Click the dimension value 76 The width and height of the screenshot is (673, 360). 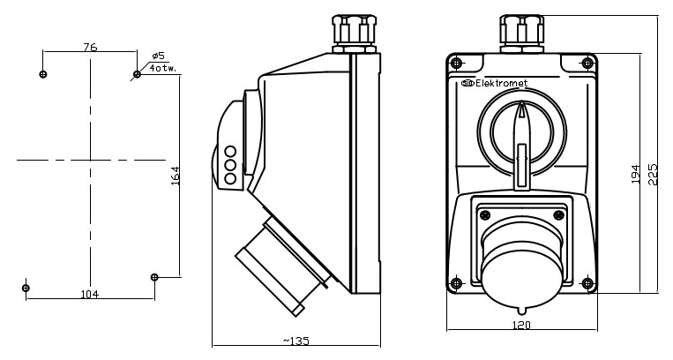(x=89, y=48)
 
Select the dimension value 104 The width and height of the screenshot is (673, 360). (x=89, y=294)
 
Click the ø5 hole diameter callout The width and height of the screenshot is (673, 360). (x=158, y=56)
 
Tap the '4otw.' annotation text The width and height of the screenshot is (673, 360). (x=161, y=68)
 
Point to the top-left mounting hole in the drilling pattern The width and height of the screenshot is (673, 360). (x=43, y=74)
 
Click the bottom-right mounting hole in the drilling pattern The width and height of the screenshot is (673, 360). (x=154, y=277)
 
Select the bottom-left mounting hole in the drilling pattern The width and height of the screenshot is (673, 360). (x=26, y=288)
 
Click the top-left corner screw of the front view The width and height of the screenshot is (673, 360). (x=455, y=62)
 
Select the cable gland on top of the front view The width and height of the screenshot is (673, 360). (x=522, y=33)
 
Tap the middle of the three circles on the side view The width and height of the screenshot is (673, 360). (x=230, y=164)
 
